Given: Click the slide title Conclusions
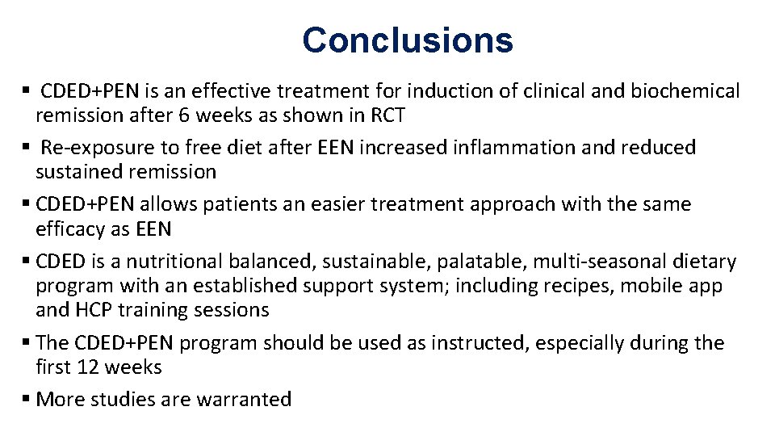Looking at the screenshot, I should click(408, 40).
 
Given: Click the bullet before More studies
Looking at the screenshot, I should click(26, 399).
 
